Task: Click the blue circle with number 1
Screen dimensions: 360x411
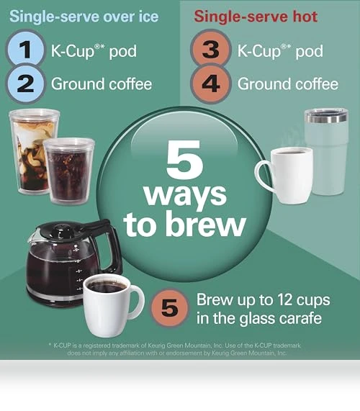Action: tap(25, 50)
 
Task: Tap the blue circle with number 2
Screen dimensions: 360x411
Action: tap(25, 83)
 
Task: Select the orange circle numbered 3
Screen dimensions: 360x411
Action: tap(211, 50)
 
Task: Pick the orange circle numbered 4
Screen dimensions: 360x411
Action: tap(211, 83)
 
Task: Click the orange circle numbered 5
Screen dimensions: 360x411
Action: tap(170, 308)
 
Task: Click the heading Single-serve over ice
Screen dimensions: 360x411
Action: tap(84, 17)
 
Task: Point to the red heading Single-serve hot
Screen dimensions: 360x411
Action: tap(256, 17)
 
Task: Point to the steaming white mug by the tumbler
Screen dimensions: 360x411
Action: tap(286, 175)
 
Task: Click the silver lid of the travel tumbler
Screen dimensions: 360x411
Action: tap(326, 116)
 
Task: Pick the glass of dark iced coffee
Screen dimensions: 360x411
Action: tap(68, 171)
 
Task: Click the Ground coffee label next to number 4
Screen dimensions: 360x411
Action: tap(288, 84)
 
